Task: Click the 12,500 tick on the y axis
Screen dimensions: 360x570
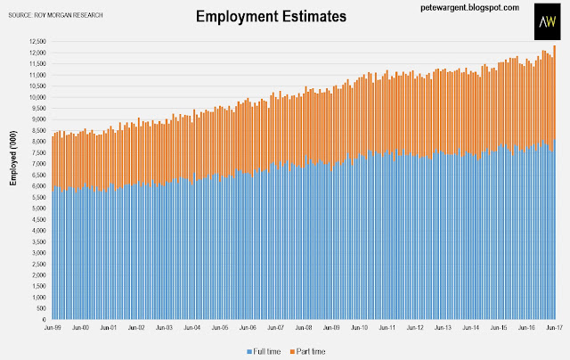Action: pyautogui.click(x=37, y=42)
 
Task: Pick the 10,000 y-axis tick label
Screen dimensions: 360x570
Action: pyautogui.click(x=37, y=97)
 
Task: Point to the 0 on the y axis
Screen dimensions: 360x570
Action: pyautogui.click(x=45, y=319)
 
